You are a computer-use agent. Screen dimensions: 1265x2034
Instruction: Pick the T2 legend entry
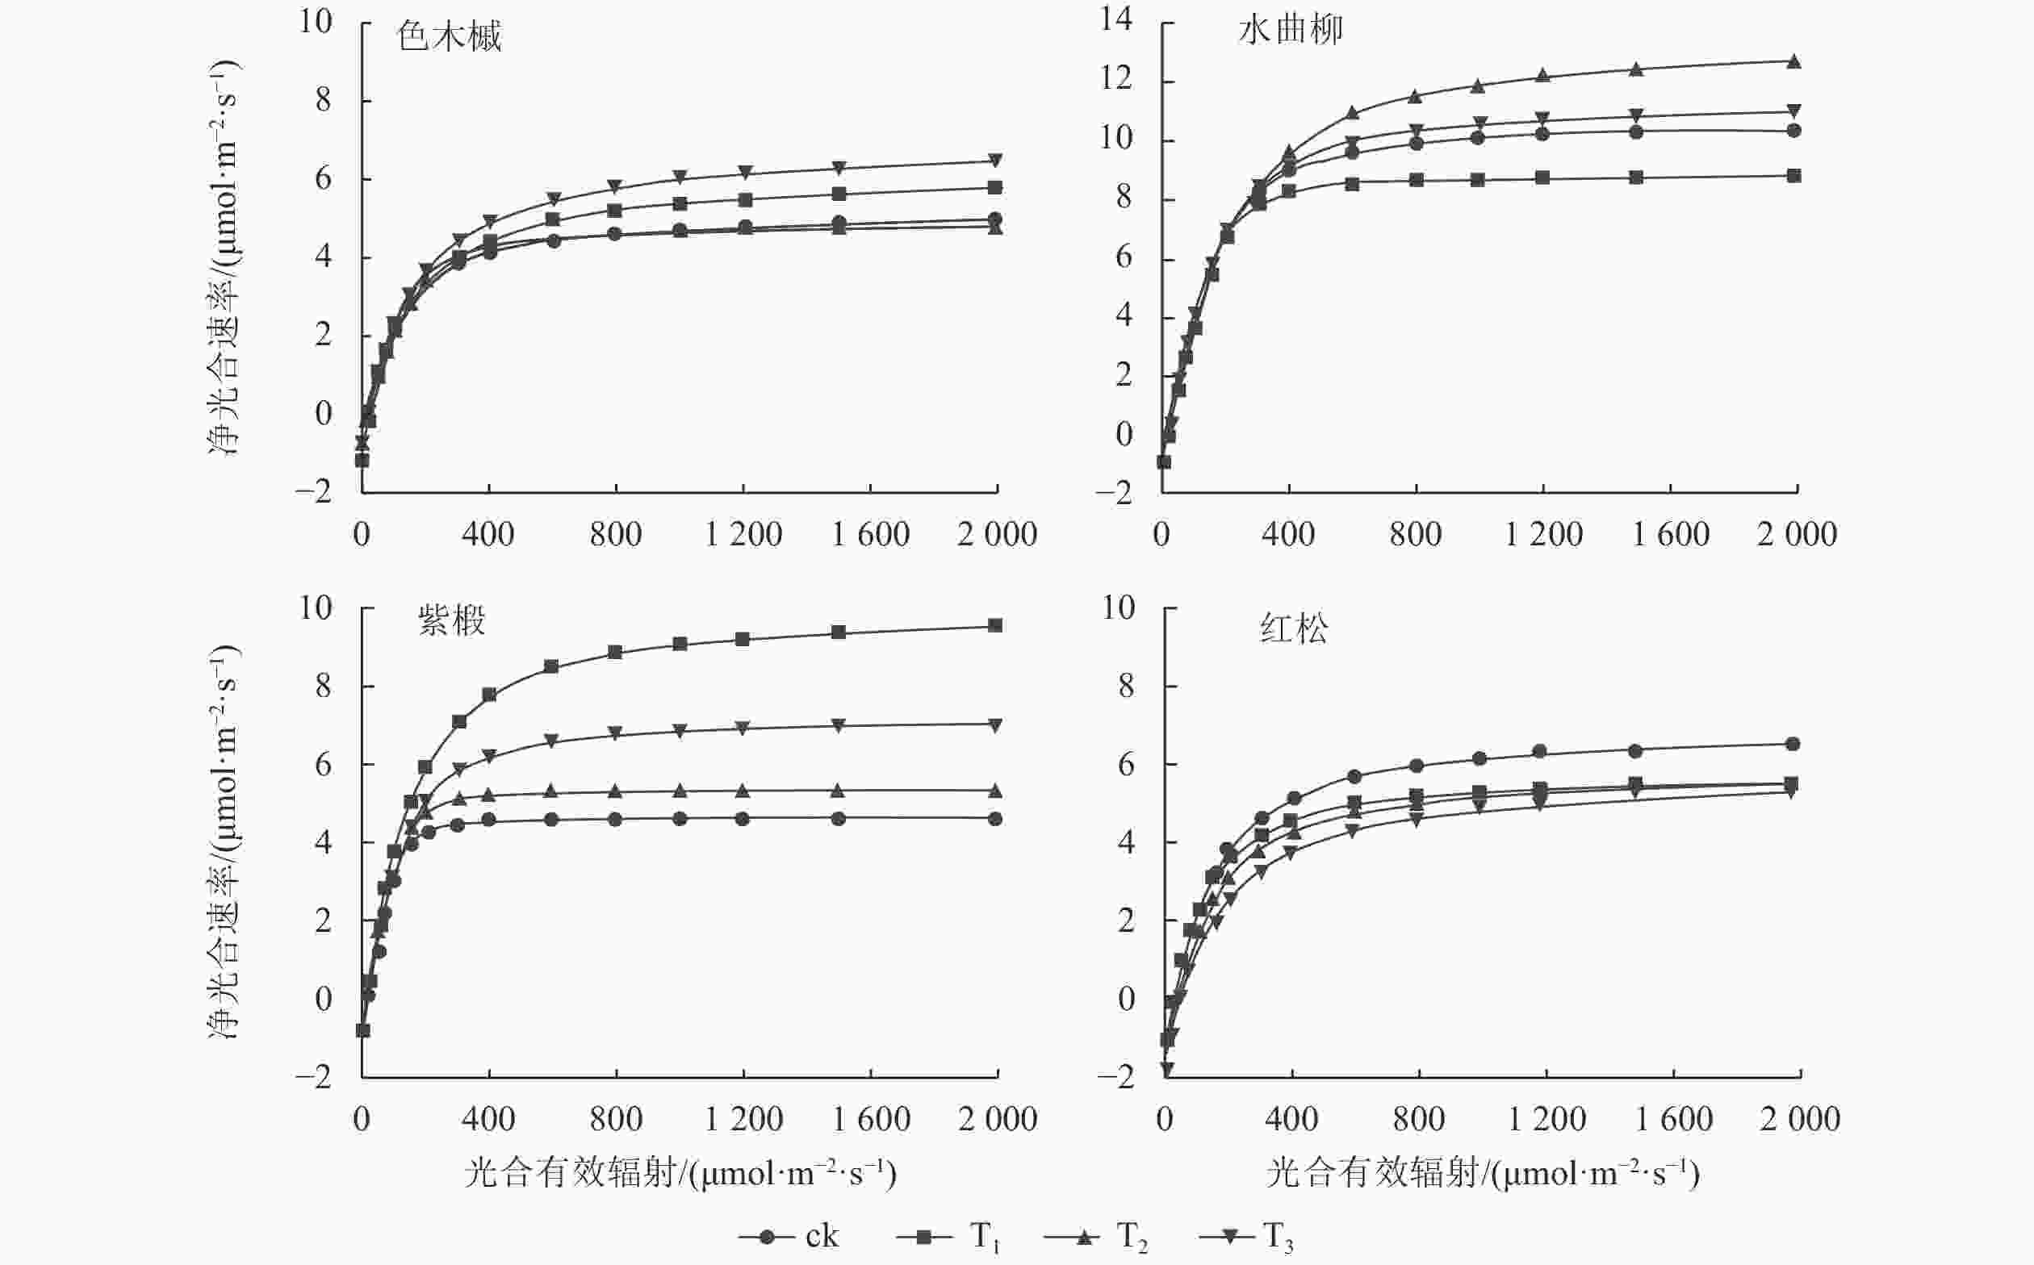coord(1097,1236)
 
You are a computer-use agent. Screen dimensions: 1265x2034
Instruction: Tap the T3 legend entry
coord(1246,1236)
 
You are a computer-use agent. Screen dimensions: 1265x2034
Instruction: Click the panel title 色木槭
coord(449,37)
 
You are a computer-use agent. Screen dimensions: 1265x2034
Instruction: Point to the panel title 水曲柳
coord(1290,31)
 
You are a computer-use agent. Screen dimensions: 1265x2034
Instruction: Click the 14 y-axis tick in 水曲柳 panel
coord(1115,19)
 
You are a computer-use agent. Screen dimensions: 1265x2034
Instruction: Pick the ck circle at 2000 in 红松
coord(1793,744)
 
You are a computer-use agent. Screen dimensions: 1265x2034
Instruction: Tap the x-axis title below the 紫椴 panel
coord(680,1174)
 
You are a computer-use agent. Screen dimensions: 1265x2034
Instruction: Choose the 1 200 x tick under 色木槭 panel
coord(743,535)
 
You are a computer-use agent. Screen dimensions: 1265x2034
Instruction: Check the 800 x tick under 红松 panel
coord(1419,1120)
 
